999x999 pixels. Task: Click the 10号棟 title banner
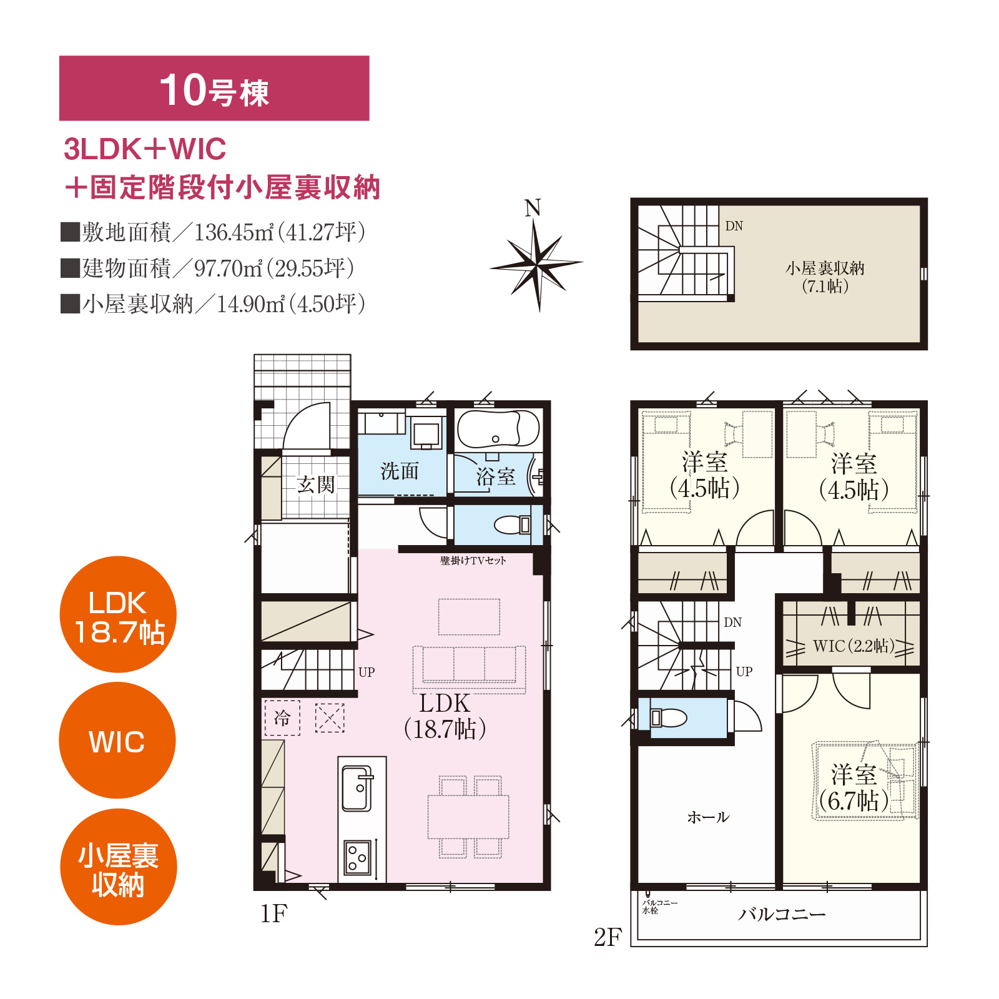click(x=214, y=88)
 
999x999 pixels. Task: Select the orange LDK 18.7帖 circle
click(x=118, y=614)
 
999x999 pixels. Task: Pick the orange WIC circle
click(x=117, y=741)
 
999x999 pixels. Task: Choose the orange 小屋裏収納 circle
click(x=118, y=867)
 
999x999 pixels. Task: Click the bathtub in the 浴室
click(x=498, y=429)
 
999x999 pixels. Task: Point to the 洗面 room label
click(x=400, y=471)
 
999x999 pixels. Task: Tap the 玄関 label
click(x=316, y=485)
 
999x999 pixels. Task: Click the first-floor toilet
click(x=513, y=524)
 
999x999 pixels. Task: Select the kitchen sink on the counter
click(x=357, y=788)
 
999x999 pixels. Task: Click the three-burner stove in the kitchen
click(x=358, y=857)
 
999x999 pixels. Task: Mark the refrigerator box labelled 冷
click(x=282, y=717)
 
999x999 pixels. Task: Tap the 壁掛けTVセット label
click(x=473, y=561)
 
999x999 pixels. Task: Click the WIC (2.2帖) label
click(x=854, y=646)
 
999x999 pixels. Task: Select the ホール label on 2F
click(x=708, y=817)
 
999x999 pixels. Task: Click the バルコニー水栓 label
click(x=659, y=907)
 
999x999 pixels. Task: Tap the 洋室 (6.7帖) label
click(x=854, y=787)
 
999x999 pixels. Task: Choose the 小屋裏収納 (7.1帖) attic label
click(x=825, y=277)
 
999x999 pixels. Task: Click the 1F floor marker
click(x=273, y=913)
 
